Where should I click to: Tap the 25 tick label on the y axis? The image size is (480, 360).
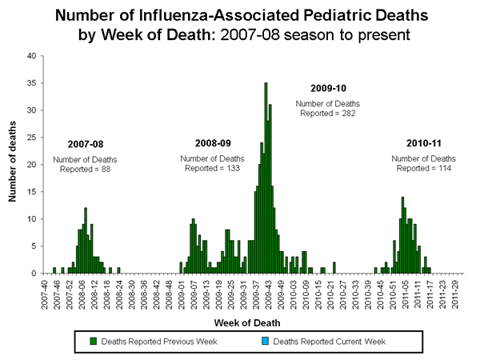31,138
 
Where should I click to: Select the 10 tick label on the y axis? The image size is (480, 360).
31,219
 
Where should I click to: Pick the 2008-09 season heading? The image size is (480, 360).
213,143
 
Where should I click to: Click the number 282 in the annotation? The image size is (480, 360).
350,114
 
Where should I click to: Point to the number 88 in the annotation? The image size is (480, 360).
106,168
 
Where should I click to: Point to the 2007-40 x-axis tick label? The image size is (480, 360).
45,291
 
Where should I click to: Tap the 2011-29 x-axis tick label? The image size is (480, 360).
454,291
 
